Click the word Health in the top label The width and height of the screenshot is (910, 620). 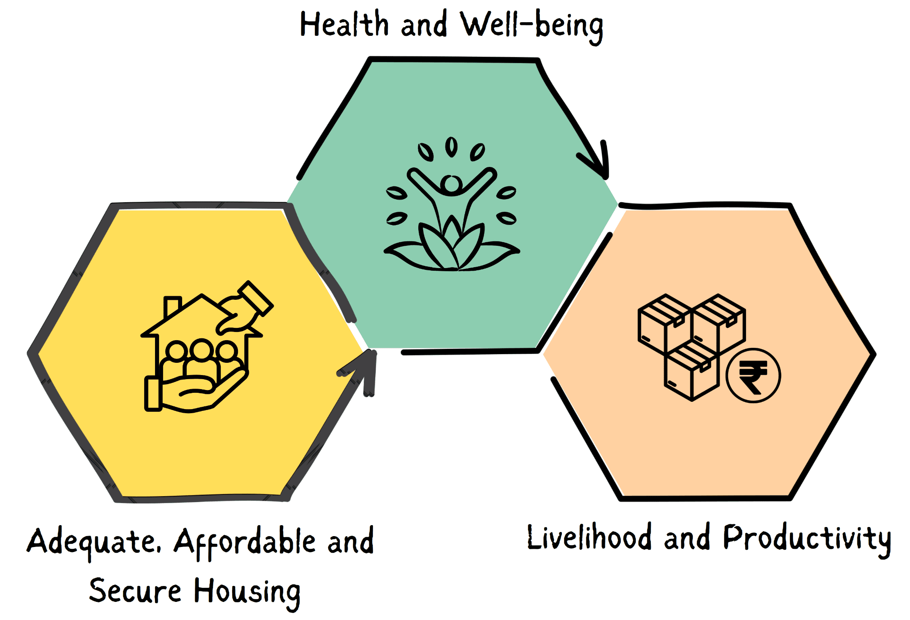pyautogui.click(x=344, y=24)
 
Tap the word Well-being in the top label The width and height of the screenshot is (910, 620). pyautogui.click(x=532, y=26)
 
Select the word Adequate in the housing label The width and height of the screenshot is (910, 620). pyautogui.click(x=93, y=542)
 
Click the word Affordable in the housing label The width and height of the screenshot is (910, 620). pyautogui.click(x=245, y=542)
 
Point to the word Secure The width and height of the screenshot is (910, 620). pyautogui.click(x=135, y=591)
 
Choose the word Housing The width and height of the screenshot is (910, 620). pyautogui.click(x=247, y=592)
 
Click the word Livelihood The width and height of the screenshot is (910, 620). pyautogui.click(x=589, y=537)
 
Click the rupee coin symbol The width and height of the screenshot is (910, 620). pyautogui.click(x=753, y=376)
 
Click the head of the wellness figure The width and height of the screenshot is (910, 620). pyautogui.click(x=451, y=184)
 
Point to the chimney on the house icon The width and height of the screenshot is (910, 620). pyautogui.click(x=172, y=306)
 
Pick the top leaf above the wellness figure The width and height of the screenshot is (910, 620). pyautogui.click(x=451, y=146)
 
